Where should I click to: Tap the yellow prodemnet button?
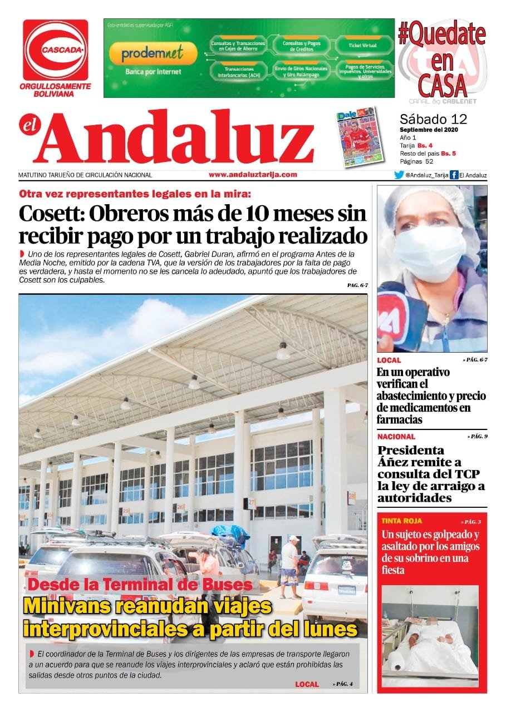point(153,54)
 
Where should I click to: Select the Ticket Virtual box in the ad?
point(362,44)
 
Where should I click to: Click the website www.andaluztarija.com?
point(253,175)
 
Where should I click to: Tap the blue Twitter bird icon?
point(399,175)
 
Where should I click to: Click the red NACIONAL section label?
point(396,437)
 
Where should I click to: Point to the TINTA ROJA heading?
point(402,521)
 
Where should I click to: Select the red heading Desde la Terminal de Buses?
point(140,585)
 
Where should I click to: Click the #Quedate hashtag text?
point(441,34)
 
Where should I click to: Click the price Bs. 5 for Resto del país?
point(448,153)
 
